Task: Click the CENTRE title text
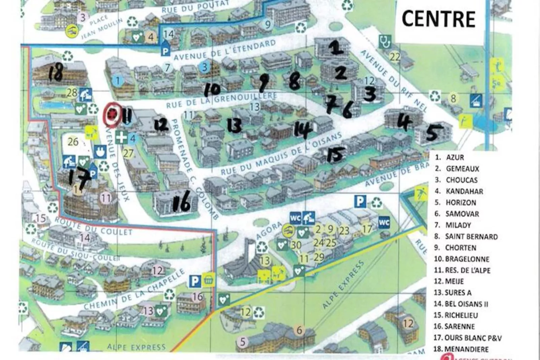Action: coord(438,19)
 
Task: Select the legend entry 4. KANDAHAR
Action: coord(459,191)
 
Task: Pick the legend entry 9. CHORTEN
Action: coord(455,248)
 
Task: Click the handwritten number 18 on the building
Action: coord(56,73)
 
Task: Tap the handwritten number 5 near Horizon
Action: coord(432,133)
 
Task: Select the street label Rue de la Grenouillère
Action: coord(222,101)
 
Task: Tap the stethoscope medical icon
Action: coord(385,42)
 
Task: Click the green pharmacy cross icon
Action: coord(121,138)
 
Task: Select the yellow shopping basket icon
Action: coord(209,280)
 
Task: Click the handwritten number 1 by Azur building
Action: coord(337,48)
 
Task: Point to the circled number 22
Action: coord(394,56)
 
